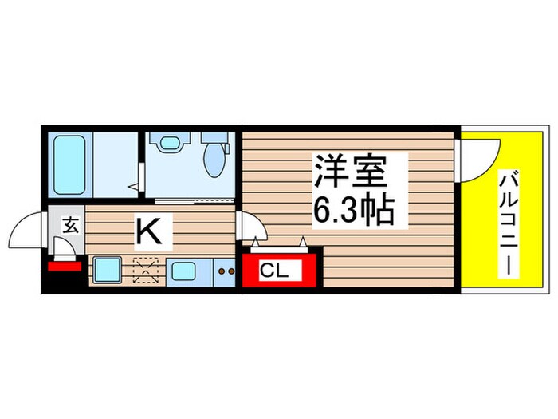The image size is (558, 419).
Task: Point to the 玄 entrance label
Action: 69,226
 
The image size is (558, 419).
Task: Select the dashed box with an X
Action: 147,271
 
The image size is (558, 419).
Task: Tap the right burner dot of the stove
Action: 232,271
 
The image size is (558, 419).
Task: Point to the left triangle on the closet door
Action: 256,240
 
